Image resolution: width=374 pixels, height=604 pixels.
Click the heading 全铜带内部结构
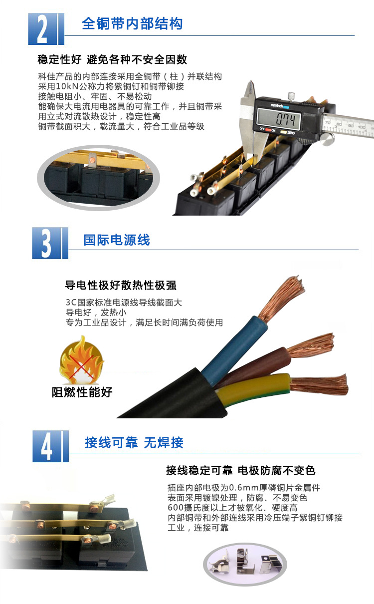(x=132, y=24)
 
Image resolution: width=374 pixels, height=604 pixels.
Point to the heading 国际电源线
(x=117, y=240)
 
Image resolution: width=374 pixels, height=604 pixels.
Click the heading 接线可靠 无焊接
(x=134, y=442)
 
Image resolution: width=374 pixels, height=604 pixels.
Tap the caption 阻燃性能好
(x=82, y=392)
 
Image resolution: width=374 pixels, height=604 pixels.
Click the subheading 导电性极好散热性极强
(x=121, y=286)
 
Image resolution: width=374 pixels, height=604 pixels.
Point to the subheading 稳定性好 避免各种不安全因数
(x=112, y=59)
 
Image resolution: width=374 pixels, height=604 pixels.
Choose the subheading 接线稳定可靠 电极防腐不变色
(x=240, y=470)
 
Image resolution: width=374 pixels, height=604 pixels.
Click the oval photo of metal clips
(x=246, y=564)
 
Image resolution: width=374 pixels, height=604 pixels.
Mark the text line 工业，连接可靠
(x=198, y=527)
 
